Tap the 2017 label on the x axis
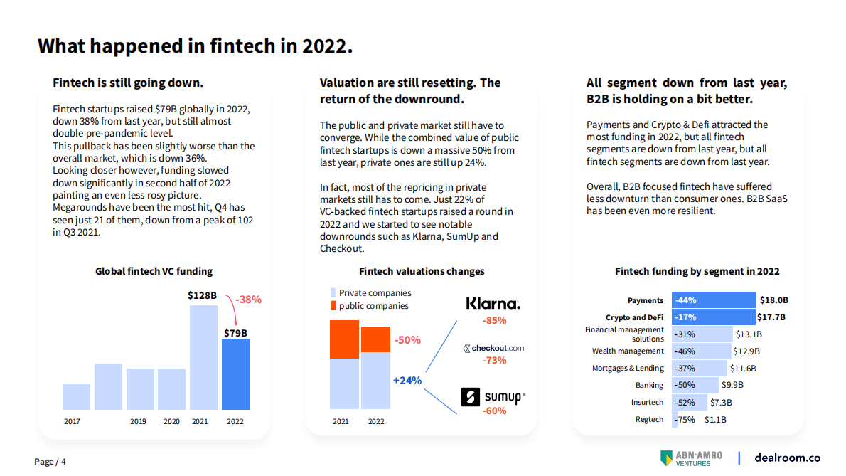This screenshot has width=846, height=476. (x=72, y=421)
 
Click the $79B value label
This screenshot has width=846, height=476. (x=235, y=332)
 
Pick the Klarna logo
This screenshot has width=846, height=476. (x=493, y=304)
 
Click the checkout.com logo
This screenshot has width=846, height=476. (x=493, y=348)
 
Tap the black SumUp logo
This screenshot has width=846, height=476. (x=493, y=397)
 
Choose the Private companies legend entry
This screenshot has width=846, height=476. (x=369, y=293)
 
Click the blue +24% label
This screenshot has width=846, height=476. (x=407, y=381)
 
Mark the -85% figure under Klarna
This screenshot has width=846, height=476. (x=494, y=321)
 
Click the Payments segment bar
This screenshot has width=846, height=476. (x=714, y=300)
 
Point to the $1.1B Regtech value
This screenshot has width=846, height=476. (x=715, y=419)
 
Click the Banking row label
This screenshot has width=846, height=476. (x=649, y=385)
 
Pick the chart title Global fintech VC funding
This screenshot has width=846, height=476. (x=154, y=271)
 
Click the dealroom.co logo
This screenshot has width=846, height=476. (x=787, y=458)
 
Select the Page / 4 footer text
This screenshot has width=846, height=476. (x=50, y=462)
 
